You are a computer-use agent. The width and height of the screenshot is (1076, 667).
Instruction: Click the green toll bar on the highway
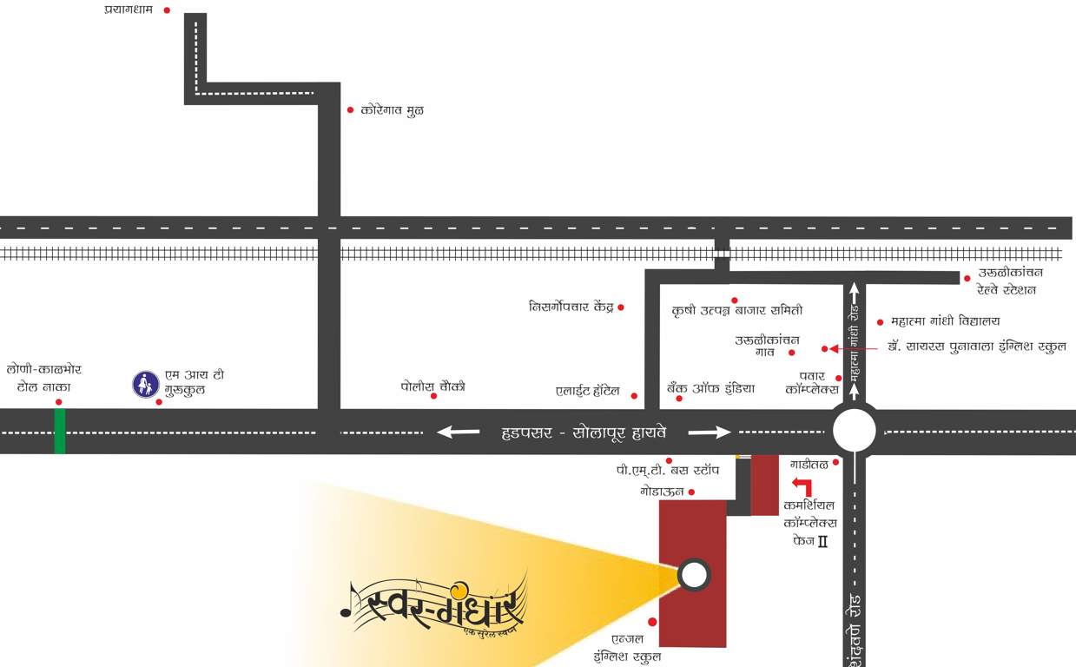60,431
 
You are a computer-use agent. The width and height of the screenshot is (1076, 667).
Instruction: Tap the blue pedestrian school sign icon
145,384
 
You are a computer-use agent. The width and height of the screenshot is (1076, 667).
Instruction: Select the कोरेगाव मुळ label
393,110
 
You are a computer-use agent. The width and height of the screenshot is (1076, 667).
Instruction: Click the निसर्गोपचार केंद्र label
571,307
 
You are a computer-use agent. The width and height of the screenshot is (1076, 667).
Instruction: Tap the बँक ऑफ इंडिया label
710,388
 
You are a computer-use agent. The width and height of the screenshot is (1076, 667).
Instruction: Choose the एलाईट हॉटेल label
588,391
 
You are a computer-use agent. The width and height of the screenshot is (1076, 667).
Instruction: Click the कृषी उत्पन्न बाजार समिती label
737,310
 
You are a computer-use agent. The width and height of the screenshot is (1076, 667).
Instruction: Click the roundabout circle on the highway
855,431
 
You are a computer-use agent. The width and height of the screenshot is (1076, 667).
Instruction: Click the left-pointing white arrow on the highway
458,432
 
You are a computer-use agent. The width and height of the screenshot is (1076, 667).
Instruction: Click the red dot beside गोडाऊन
692,492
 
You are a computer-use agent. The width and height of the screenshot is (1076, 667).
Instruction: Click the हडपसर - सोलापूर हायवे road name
584,432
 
